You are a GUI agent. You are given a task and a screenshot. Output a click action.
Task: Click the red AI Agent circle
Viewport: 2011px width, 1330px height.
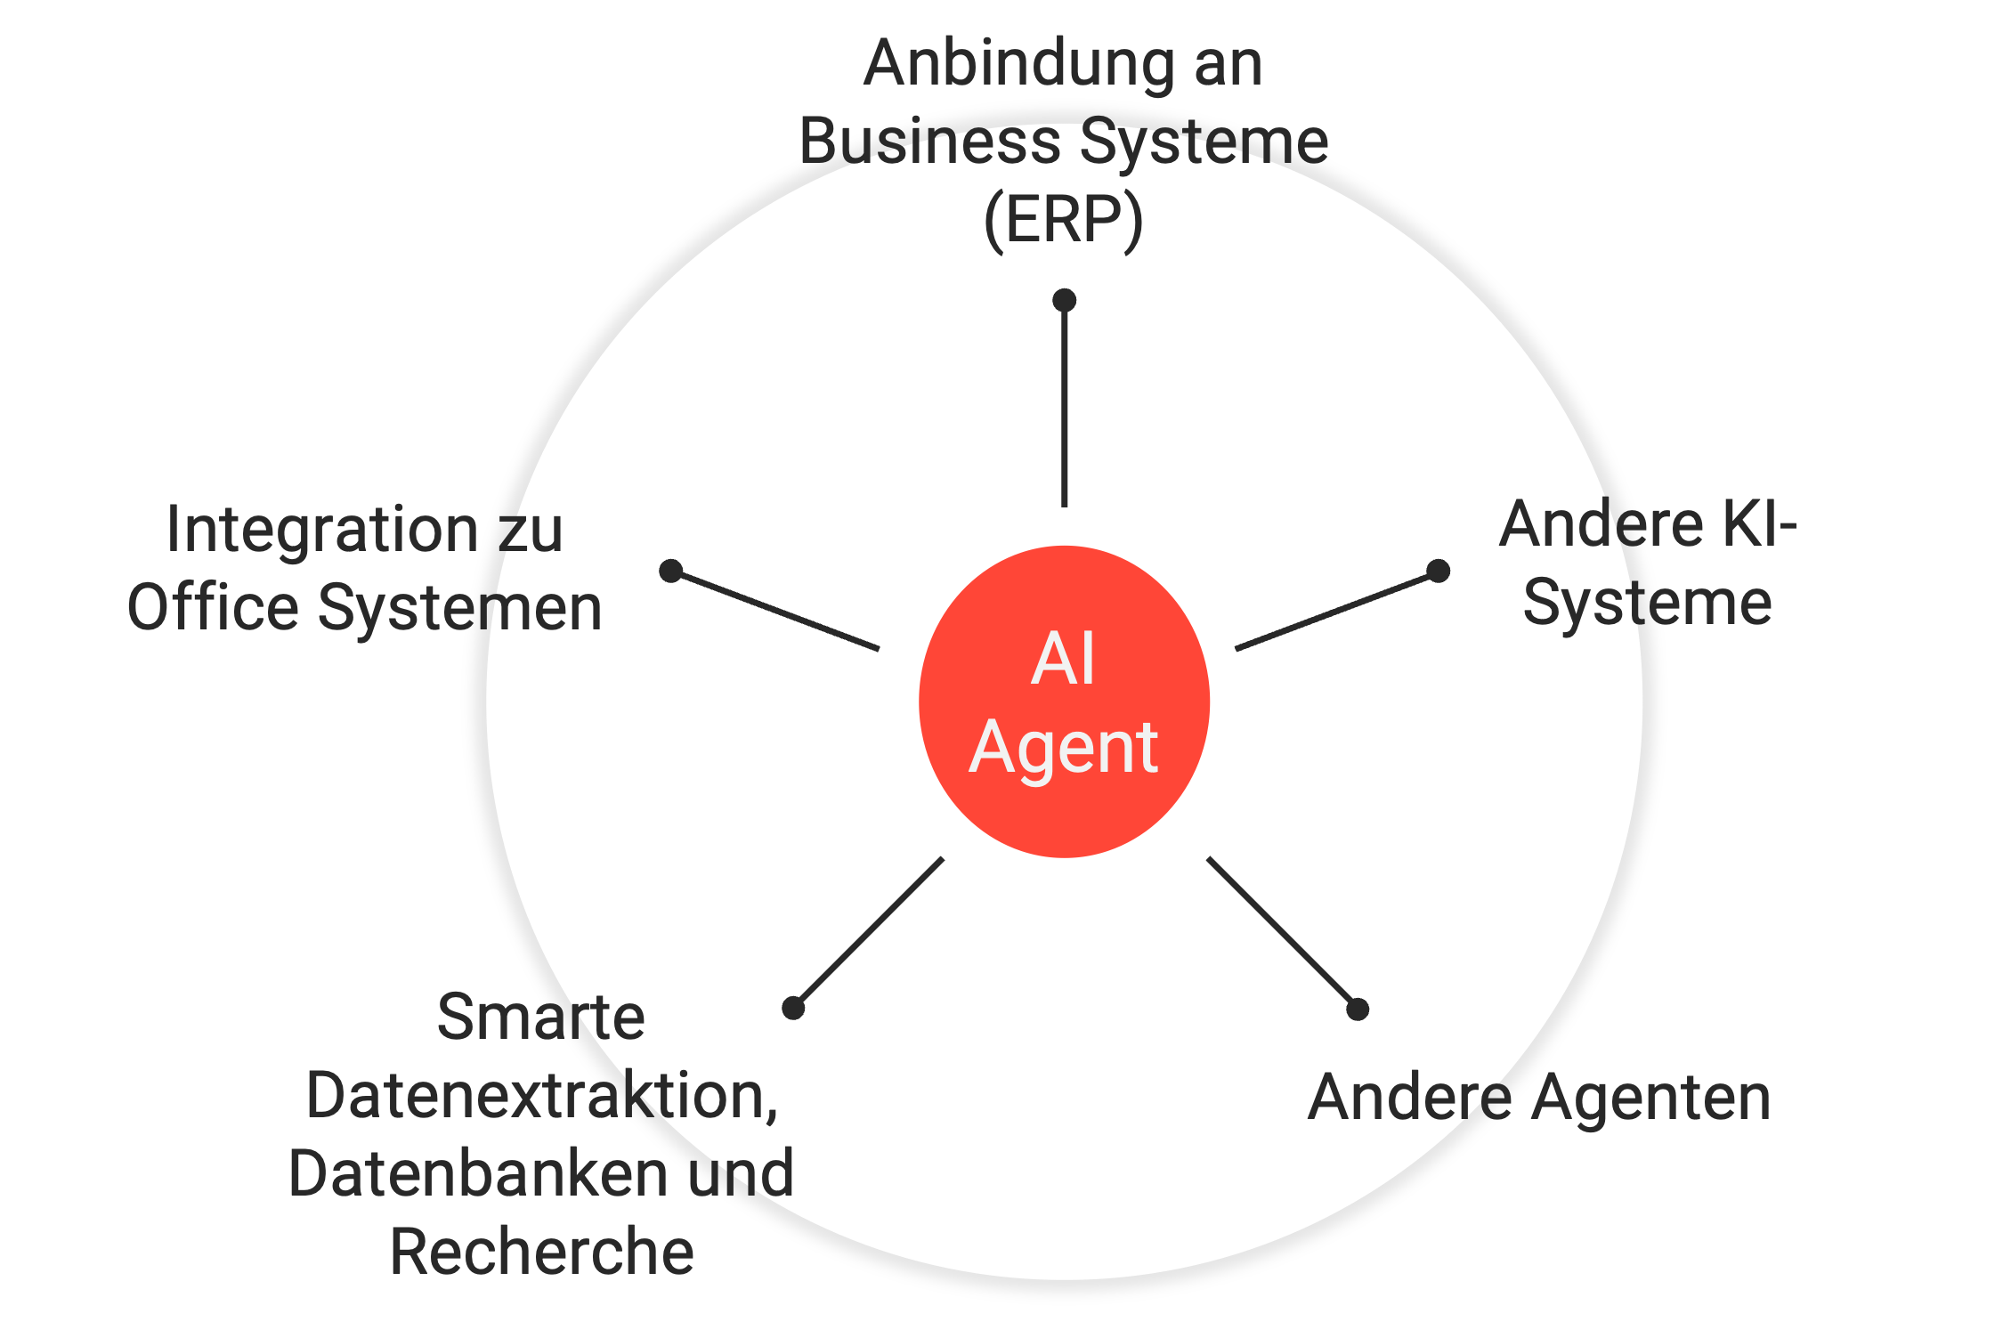(1064, 701)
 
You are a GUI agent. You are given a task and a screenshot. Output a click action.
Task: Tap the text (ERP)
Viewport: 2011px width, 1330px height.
(1064, 222)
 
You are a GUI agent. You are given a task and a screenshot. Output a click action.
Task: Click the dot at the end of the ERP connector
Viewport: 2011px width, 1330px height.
(1064, 300)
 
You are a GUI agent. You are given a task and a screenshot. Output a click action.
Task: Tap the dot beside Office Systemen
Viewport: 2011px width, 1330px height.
(671, 571)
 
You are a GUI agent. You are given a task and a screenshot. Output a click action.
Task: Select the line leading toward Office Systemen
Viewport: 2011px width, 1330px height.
(775, 610)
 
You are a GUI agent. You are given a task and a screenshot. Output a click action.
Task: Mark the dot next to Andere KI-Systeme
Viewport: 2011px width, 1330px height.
(1438, 571)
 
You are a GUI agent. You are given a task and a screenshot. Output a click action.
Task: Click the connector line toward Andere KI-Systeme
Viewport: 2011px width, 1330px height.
(1336, 610)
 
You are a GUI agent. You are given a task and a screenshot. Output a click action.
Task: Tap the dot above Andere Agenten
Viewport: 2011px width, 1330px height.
(1358, 1009)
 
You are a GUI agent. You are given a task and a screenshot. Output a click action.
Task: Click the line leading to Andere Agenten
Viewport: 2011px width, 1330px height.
(1282, 933)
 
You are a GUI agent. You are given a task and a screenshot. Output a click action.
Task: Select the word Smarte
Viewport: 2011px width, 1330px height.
(541, 1017)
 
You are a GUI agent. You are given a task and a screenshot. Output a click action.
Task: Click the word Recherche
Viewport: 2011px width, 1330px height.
(541, 1252)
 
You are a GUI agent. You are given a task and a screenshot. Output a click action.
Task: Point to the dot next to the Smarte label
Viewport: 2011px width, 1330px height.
(793, 1008)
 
